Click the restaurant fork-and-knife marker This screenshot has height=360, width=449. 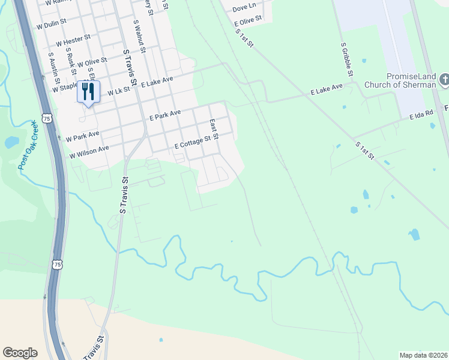(x=87, y=91)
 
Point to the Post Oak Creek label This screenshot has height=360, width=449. (x=28, y=145)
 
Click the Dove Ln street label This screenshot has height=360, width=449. (x=244, y=8)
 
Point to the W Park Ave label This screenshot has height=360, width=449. (x=83, y=134)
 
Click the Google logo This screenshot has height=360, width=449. (x=20, y=352)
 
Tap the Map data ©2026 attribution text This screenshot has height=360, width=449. (x=423, y=355)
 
